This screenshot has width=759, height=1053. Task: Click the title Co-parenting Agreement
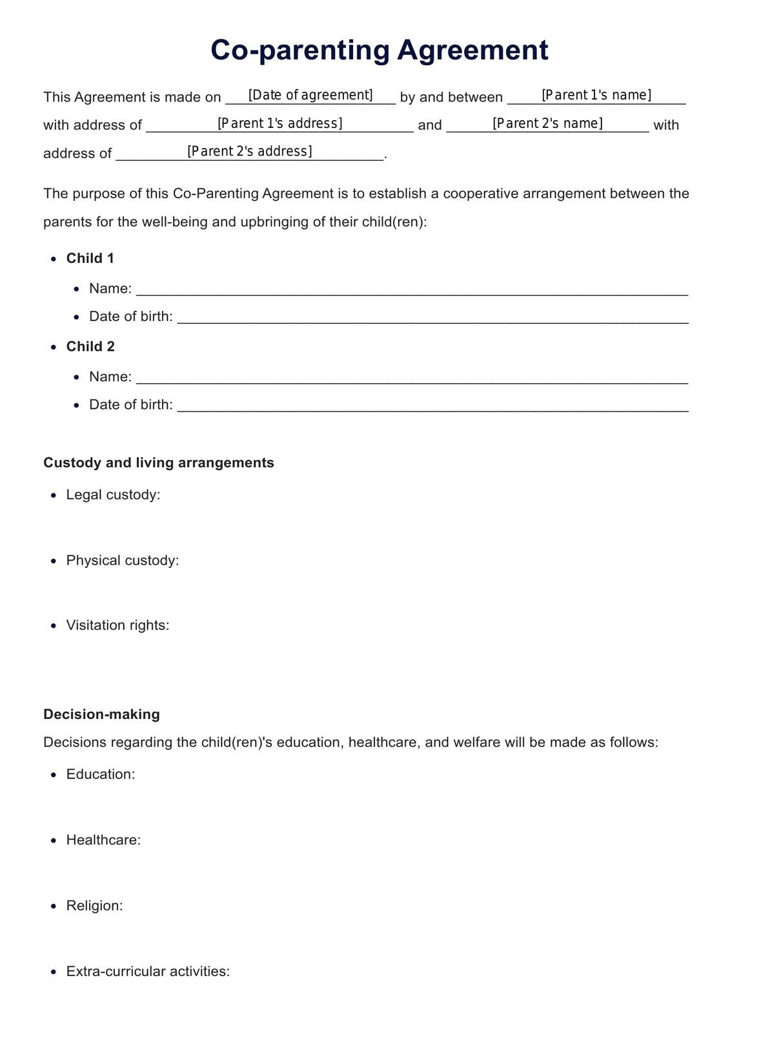(379, 50)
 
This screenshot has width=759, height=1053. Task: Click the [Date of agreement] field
(310, 96)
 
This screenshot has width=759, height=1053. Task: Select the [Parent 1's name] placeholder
(596, 96)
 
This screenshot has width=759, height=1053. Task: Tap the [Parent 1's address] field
(279, 123)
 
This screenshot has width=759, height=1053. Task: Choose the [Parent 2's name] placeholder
(547, 123)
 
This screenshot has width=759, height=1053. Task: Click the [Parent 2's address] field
(249, 151)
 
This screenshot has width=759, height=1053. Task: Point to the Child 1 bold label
(90, 258)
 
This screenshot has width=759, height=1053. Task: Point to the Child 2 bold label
(90, 346)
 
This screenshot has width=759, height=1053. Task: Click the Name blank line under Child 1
(412, 289)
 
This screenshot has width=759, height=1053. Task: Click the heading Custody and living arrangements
(159, 463)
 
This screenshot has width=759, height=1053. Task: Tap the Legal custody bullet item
(113, 495)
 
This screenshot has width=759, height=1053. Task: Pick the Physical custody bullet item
(123, 560)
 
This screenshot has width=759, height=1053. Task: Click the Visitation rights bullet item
(117, 625)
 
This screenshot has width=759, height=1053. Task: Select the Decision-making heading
(101, 714)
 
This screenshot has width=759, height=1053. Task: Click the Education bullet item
(101, 774)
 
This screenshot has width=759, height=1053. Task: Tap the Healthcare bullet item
(103, 840)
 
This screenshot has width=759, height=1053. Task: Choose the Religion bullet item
(94, 906)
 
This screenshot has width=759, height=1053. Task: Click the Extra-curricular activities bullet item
(148, 972)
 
